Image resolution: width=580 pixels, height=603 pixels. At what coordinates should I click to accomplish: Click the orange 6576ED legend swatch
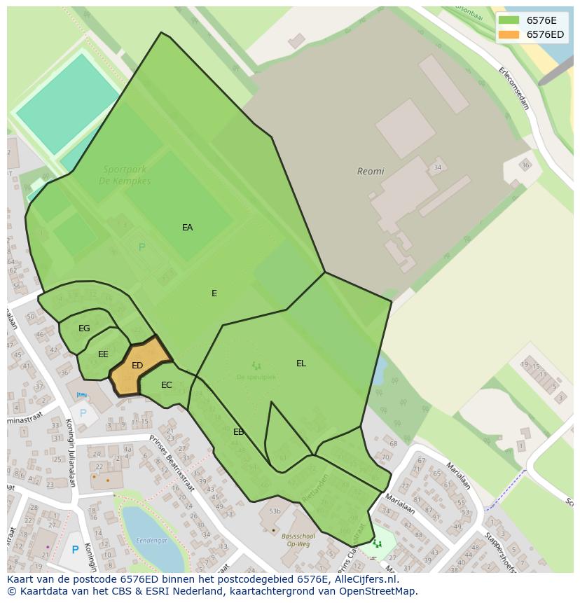509,34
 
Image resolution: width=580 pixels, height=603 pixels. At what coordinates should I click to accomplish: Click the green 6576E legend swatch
509,20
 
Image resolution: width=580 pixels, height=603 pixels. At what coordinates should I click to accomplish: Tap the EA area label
187,228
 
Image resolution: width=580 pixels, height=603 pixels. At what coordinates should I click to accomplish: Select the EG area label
84,328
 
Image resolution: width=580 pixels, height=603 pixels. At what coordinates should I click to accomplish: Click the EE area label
103,354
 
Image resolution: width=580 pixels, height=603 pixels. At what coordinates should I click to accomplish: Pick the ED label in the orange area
137,366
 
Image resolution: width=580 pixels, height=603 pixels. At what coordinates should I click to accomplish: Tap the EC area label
166,385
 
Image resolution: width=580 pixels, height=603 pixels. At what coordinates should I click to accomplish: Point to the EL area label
301,363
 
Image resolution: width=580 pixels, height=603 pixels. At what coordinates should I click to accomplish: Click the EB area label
238,432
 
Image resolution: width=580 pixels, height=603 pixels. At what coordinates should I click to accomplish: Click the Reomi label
371,172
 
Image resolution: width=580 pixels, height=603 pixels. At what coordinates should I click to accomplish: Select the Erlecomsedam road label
513,88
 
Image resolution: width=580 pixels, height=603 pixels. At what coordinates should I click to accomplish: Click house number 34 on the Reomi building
438,167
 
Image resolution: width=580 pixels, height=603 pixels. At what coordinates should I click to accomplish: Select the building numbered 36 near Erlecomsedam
525,166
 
